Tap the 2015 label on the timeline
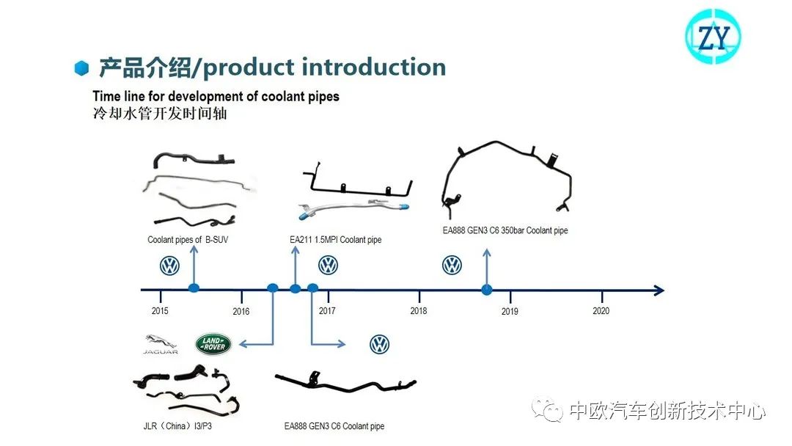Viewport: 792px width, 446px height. coord(160,311)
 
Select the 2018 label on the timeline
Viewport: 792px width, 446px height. coord(419,311)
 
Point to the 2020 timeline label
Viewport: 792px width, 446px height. coord(601,311)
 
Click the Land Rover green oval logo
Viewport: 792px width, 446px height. coord(213,343)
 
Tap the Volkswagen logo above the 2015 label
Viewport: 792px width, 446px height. coord(169,266)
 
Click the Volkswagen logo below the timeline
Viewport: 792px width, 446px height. coord(379,344)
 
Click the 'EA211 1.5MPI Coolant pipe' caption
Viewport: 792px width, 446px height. coord(336,240)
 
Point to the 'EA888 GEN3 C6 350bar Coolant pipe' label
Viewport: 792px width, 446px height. coord(505,230)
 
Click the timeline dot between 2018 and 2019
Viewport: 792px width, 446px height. coord(486,290)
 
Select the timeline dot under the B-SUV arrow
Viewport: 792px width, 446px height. coord(194,288)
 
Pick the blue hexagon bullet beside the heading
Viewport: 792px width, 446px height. coord(82,68)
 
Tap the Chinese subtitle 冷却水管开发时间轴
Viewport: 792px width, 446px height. coord(160,114)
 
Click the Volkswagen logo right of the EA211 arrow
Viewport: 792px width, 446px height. coord(328,265)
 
